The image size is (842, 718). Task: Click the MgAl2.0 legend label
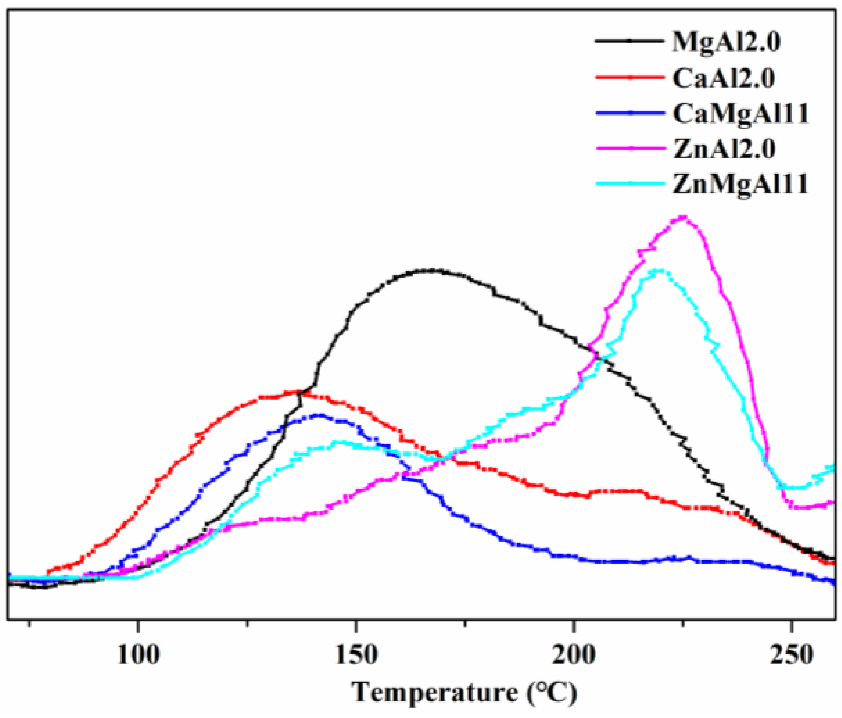click(726, 42)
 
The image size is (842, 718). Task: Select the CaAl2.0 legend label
click(723, 78)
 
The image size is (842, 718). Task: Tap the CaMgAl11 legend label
click(740, 114)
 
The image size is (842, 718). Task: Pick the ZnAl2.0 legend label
click(724, 149)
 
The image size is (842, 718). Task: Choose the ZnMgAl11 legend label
click(740, 184)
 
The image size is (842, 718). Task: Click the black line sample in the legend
click(629, 41)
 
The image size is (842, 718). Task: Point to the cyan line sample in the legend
click(629, 183)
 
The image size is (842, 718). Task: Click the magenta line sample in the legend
click(629, 148)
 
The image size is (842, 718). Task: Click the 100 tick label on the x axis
click(138, 655)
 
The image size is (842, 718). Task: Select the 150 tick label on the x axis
click(356, 655)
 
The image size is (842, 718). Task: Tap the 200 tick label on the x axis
click(574, 655)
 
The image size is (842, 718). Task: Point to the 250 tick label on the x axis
click(791, 655)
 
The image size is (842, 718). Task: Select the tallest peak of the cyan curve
click(657, 270)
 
